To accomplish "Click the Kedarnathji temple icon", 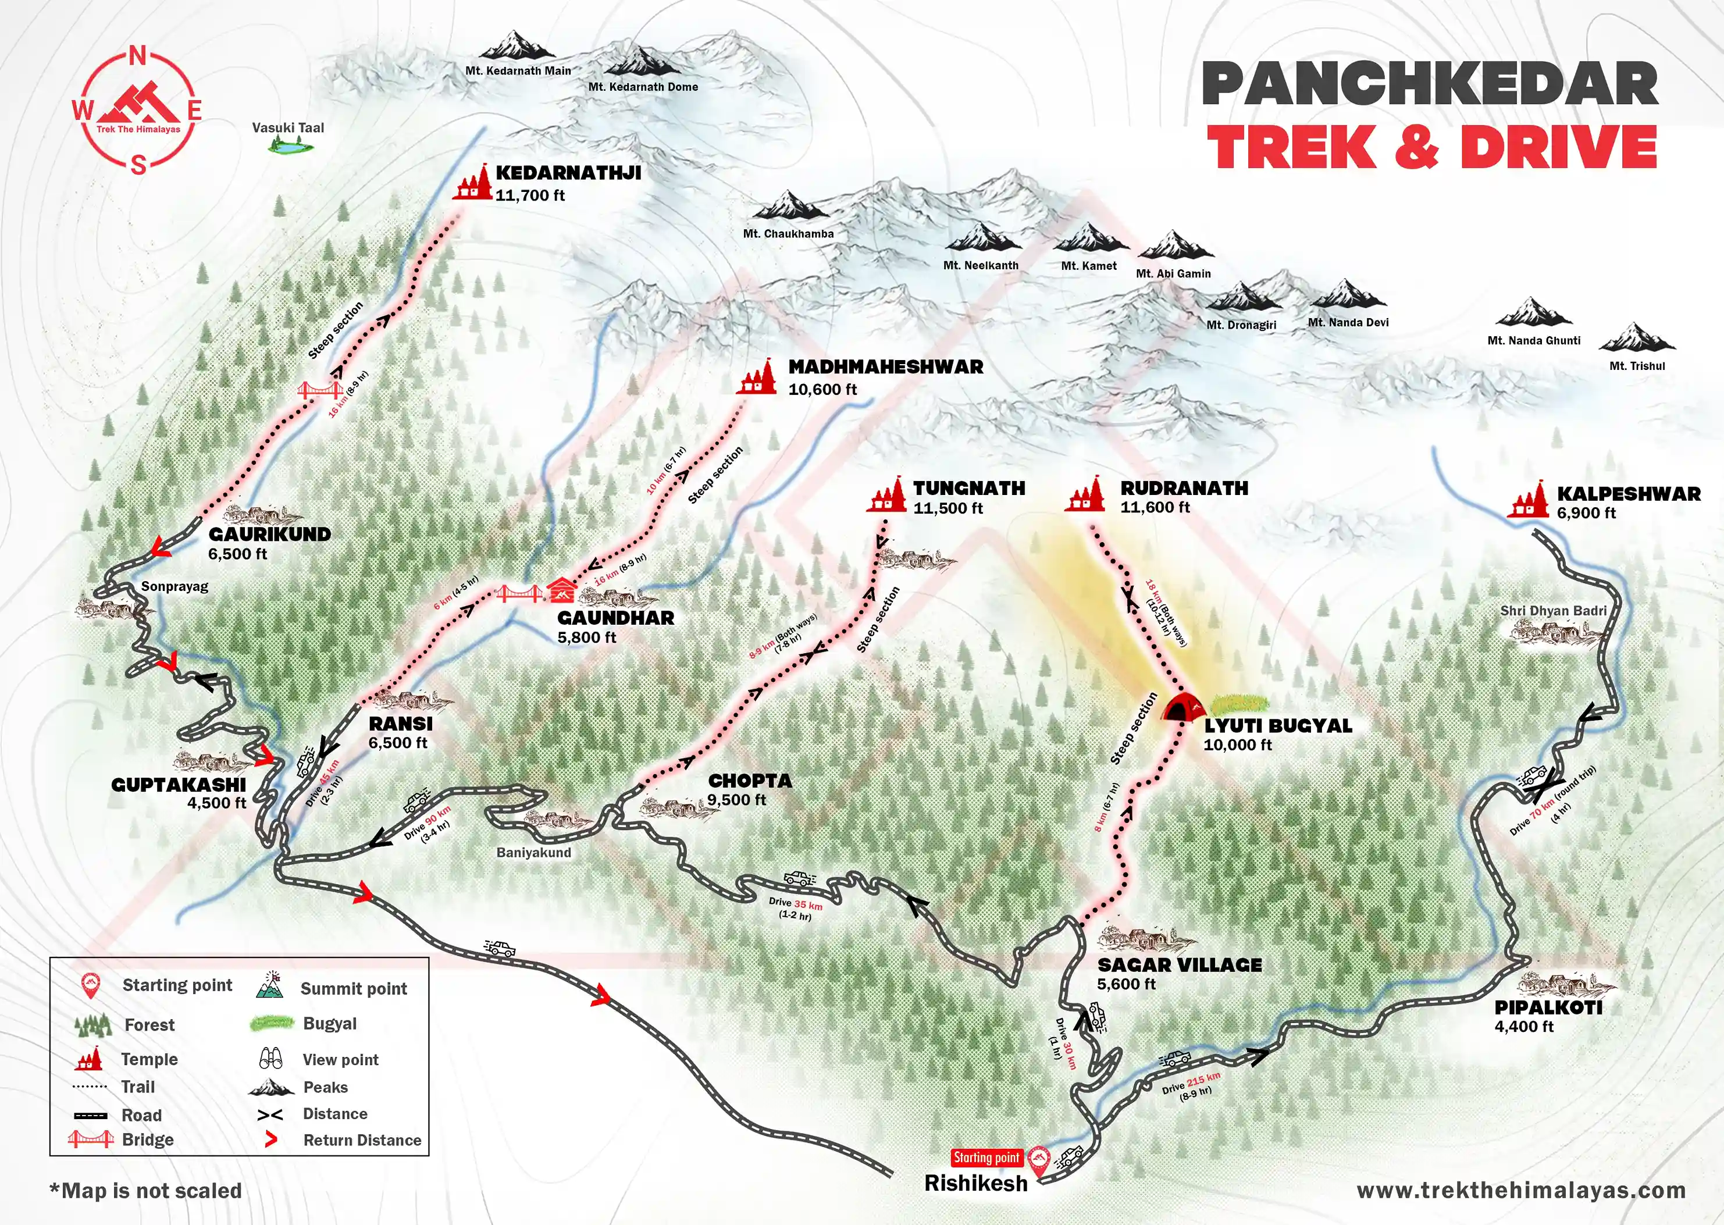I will tap(472, 183).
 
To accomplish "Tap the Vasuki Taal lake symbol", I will tap(289, 148).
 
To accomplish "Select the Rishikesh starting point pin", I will tap(1041, 1162).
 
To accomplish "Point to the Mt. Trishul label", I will tap(1637, 366).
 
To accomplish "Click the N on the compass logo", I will tap(138, 56).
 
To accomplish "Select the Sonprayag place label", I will tap(174, 586).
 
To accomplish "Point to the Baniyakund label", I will tap(533, 852).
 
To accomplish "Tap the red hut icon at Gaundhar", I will tap(560, 590).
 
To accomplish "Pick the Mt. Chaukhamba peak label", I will tap(788, 234).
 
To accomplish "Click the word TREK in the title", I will tap(1291, 147).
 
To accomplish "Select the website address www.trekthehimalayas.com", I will tap(1520, 1190).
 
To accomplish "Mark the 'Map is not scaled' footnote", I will tap(145, 1190).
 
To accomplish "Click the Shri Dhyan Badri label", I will tap(1554, 610).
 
